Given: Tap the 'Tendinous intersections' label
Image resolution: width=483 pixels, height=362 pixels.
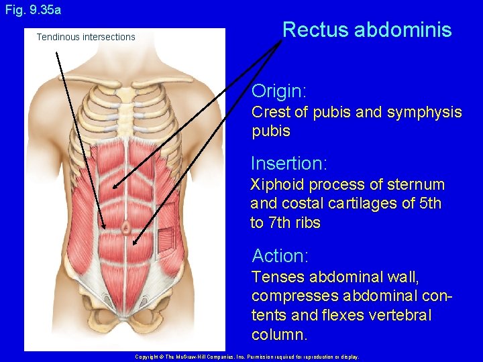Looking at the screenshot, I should coord(86,37).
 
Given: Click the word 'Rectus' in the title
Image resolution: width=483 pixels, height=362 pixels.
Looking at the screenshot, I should coord(315,30).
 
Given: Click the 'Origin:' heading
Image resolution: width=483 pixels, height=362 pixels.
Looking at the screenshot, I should coord(279,91).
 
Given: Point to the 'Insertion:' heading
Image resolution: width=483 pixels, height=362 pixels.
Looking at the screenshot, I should coord(288,163).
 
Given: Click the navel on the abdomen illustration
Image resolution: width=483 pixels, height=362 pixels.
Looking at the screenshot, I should coord(125,228).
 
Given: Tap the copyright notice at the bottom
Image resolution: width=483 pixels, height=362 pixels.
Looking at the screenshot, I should coord(247,357).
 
